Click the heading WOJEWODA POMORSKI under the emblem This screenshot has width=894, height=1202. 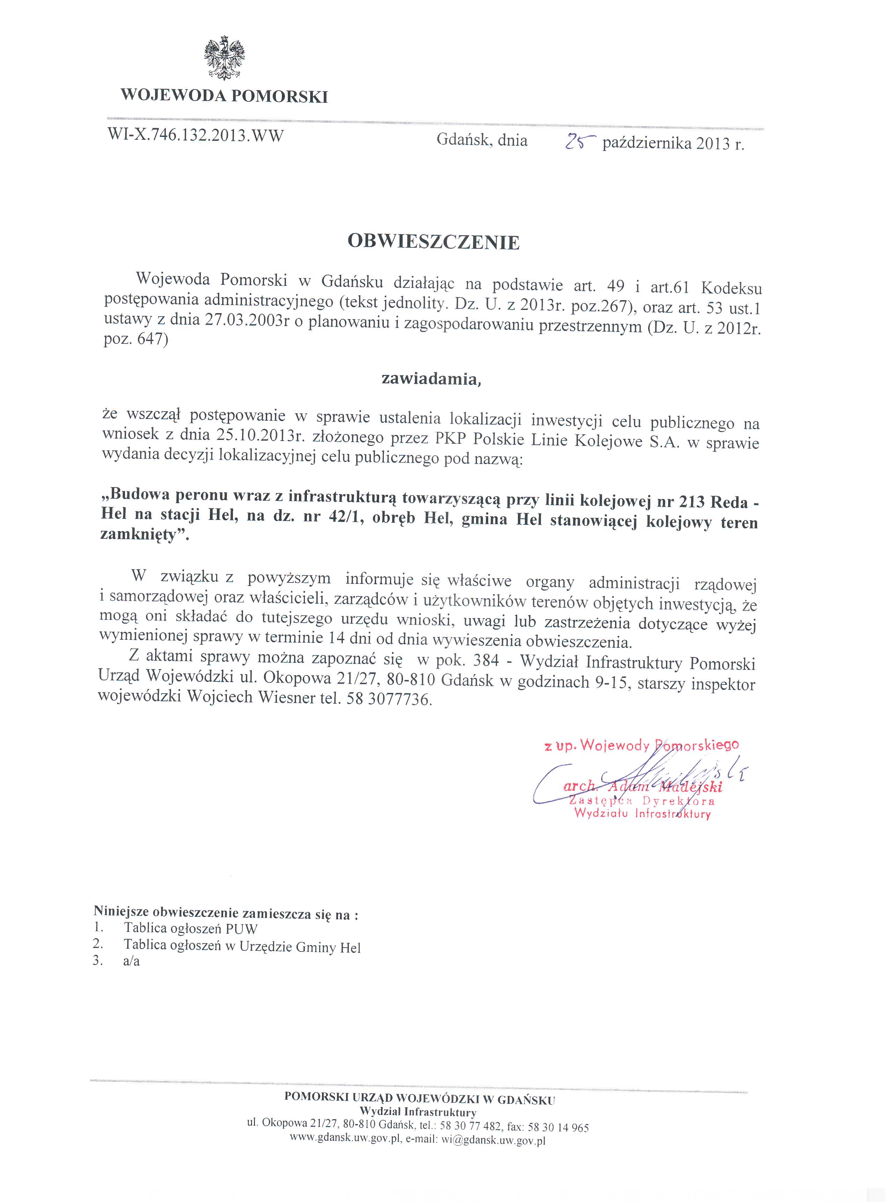click(224, 96)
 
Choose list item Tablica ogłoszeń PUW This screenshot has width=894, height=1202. click(190, 928)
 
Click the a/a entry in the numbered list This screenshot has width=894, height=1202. click(132, 961)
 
